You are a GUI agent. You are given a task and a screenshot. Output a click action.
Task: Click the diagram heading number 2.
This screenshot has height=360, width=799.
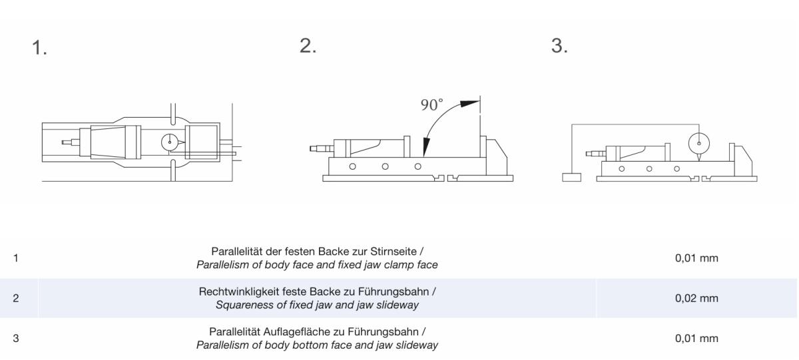[308, 46]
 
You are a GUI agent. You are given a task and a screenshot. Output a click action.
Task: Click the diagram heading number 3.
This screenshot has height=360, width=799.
[559, 46]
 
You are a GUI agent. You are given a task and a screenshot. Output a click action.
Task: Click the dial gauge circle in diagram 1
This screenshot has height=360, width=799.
[170, 141]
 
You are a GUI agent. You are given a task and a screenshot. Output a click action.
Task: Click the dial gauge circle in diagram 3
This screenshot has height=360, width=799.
[698, 142]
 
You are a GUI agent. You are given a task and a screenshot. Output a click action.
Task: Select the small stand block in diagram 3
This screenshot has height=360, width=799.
[571, 177]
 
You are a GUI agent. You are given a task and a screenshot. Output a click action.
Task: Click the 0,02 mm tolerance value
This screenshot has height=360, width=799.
[696, 298]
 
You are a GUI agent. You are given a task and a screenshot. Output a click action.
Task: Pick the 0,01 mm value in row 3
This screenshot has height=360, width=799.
[696, 339]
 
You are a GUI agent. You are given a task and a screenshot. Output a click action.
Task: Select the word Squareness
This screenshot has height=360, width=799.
[246, 305]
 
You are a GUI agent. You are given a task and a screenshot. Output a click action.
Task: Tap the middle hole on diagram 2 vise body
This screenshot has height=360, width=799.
[385, 166]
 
